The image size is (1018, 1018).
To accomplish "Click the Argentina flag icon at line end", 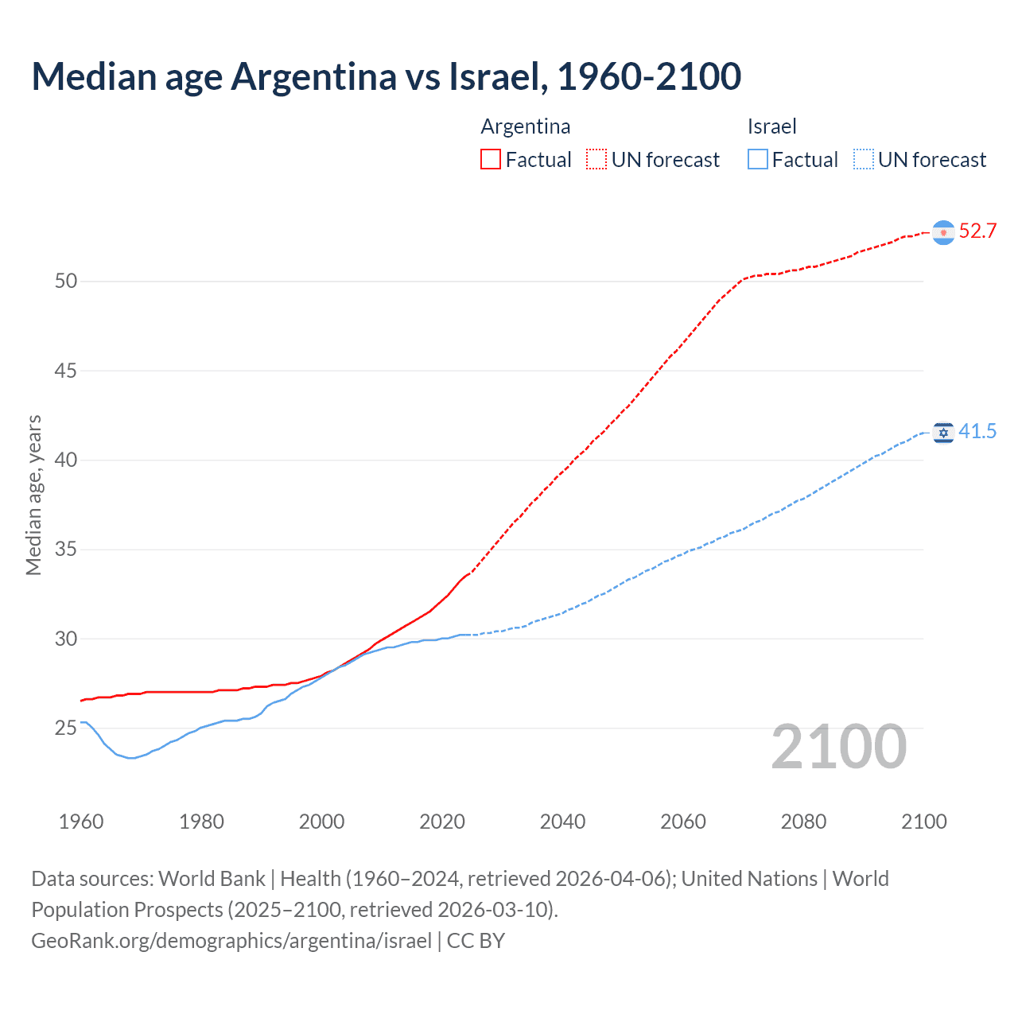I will pyautogui.click(x=943, y=232).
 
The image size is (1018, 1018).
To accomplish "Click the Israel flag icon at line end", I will pyautogui.click(x=943, y=433).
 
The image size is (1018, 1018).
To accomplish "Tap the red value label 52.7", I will pyautogui.click(x=977, y=231).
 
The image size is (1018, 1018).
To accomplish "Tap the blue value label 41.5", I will pyautogui.click(x=977, y=432).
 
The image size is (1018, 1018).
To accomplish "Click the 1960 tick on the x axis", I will pyautogui.click(x=81, y=822).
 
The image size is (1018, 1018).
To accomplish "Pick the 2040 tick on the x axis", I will pyautogui.click(x=562, y=822).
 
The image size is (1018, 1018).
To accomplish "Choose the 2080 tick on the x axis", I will pyautogui.click(x=803, y=822).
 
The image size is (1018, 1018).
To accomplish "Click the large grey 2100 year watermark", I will pyautogui.click(x=839, y=747).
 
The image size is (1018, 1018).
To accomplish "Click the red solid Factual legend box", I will pyautogui.click(x=491, y=159).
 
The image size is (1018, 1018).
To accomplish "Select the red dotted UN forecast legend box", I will pyautogui.click(x=596, y=159).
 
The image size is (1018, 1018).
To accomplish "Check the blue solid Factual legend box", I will pyautogui.click(x=758, y=159).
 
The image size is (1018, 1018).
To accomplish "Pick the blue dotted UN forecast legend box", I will pyautogui.click(x=863, y=159).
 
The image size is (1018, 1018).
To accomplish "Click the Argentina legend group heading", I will pyautogui.click(x=526, y=126).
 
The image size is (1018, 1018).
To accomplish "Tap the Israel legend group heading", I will pyautogui.click(x=771, y=126).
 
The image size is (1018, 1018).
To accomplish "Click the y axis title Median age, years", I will pyautogui.click(x=33, y=495).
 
